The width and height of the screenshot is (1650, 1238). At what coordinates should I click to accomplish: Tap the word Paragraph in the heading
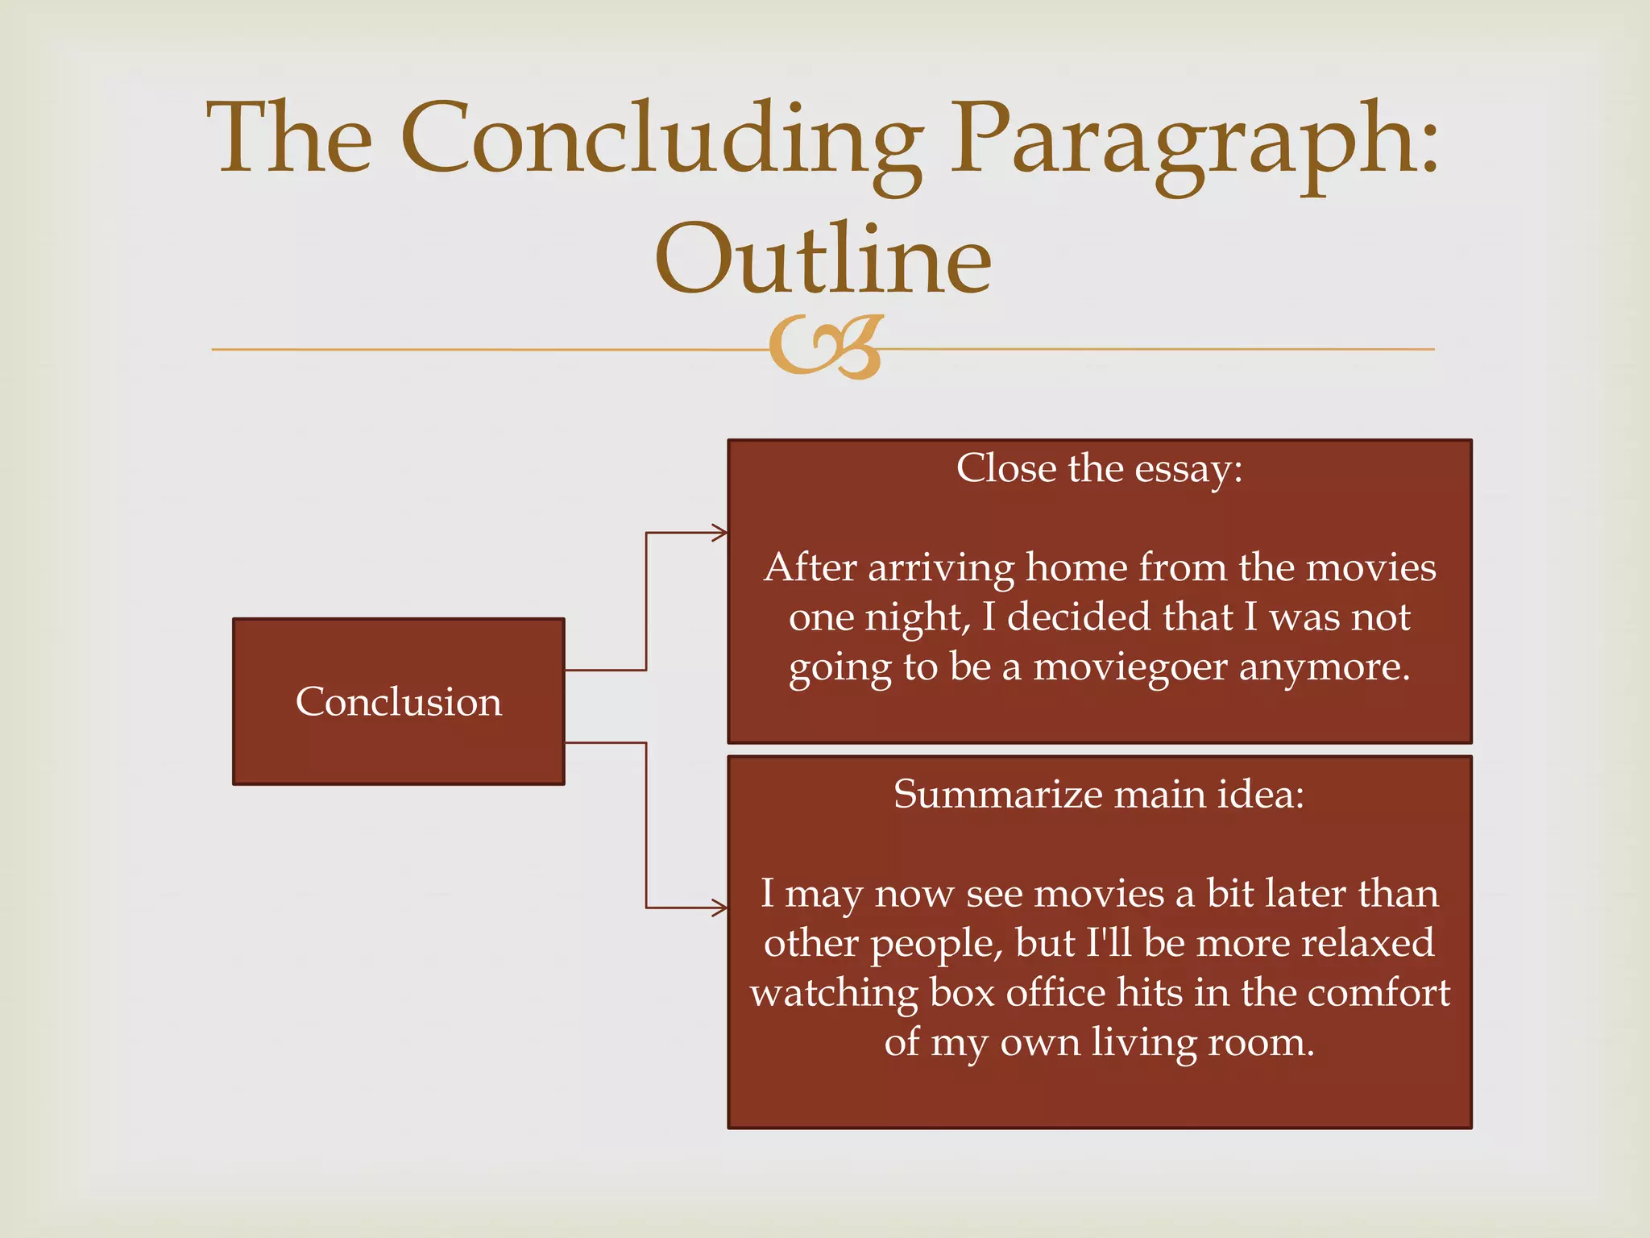coord(1192,141)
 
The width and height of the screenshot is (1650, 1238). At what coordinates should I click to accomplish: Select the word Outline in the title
coord(823,260)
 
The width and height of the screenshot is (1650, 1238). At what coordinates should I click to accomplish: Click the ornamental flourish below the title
coord(826,347)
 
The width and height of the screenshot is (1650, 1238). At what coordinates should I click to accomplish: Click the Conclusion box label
coord(398,701)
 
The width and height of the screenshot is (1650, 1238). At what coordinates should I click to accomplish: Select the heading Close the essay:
coord(1099,468)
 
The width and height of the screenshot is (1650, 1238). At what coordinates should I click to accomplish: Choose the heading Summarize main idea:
coord(1099,795)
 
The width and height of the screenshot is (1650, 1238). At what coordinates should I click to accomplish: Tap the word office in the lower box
coord(1056,993)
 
